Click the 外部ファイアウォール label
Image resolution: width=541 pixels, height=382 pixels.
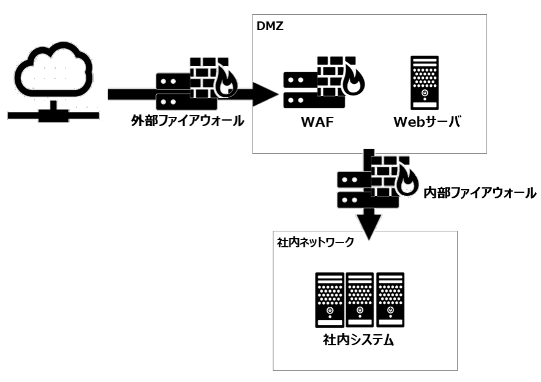click(x=187, y=121)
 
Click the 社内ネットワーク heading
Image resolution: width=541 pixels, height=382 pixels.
click(x=316, y=242)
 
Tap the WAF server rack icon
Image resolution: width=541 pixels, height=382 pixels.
click(x=298, y=88)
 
